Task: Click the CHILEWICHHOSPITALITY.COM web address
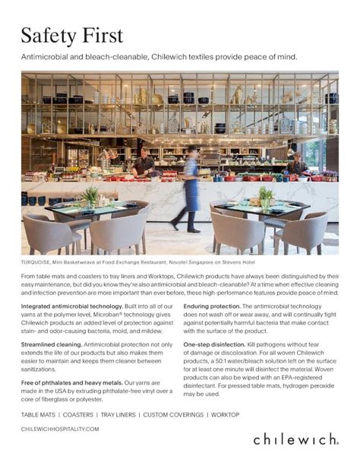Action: coord(60,429)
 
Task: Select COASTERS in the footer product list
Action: coord(78,414)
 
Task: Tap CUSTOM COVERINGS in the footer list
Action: coord(174,414)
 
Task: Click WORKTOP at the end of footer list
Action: coord(226,414)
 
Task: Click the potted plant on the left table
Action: coord(91,197)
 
